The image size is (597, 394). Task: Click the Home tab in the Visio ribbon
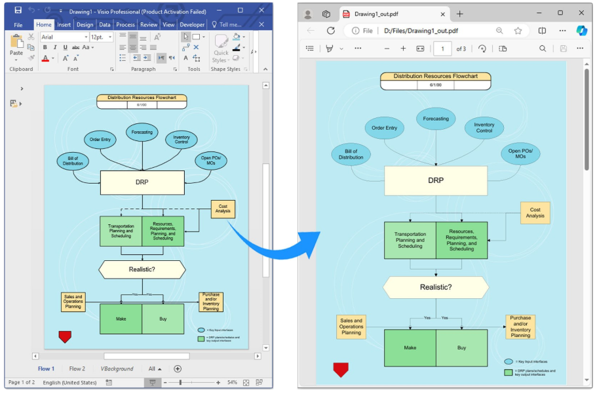click(x=44, y=25)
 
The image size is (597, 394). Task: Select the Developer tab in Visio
click(x=192, y=25)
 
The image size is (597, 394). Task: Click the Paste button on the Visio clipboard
click(x=16, y=45)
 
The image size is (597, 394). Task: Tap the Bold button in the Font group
click(x=45, y=47)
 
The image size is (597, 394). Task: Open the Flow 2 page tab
click(x=77, y=368)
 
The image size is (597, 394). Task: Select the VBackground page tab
click(x=117, y=368)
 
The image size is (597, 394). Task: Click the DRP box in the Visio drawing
click(x=142, y=182)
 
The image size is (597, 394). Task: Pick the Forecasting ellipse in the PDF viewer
click(x=436, y=119)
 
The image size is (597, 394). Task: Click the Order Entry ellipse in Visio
click(x=100, y=139)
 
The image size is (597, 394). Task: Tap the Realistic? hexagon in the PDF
click(x=436, y=287)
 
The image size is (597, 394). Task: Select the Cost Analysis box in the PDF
click(x=535, y=212)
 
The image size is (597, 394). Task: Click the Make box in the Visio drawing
click(x=121, y=319)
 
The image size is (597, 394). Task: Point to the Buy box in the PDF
click(x=462, y=347)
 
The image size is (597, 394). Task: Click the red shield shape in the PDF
click(x=341, y=370)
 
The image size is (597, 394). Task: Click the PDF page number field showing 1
click(x=442, y=49)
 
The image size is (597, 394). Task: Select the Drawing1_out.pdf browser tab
click(x=391, y=13)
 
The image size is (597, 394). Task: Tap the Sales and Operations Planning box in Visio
click(x=73, y=302)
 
